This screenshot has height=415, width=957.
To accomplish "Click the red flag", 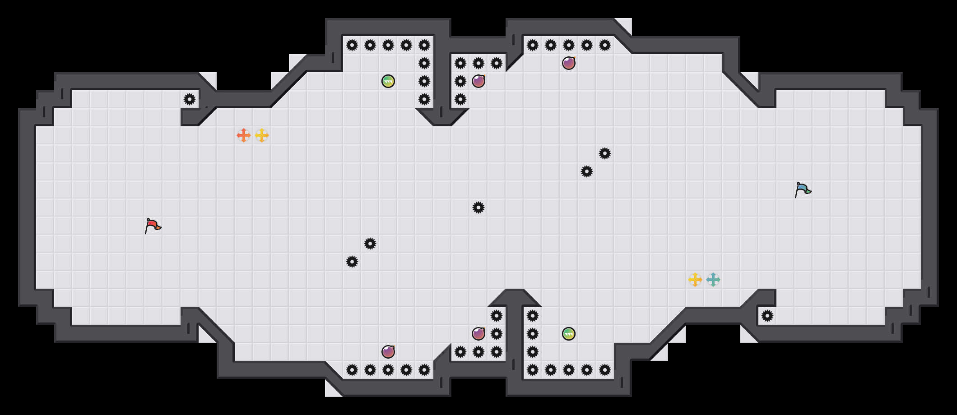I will pos(153,226).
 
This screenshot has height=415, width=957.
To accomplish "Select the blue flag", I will pos(803,189).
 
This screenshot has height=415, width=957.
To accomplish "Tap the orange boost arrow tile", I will pos(244,135).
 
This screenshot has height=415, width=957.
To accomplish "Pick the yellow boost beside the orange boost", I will pos(262,135).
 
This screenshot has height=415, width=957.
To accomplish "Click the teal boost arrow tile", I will pos(713,280).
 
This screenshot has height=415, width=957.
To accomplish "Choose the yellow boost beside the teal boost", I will pos(695,280).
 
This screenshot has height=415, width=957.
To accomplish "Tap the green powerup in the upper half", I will pos(388,81).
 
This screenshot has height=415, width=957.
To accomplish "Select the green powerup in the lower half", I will pos(569,334).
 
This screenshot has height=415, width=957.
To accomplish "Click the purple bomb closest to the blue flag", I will pos(569,63).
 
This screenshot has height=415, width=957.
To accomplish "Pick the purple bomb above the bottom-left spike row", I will pos(388,352).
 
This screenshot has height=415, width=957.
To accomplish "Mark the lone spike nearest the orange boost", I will pos(190,99).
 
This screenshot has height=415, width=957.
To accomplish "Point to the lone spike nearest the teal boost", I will pos(767,316).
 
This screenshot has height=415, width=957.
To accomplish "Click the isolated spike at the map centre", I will pos(478,207).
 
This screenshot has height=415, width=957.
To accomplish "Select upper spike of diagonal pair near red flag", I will pos(370,244).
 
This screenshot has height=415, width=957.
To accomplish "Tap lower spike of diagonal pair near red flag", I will pos(352,262).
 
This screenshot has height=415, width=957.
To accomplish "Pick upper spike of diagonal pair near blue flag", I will pos(605,153).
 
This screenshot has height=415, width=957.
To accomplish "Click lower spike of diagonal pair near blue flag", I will pos(587,171).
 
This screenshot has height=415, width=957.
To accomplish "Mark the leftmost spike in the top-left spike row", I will pos(352,45).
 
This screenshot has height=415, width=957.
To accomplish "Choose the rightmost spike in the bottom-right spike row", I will pos(605,370).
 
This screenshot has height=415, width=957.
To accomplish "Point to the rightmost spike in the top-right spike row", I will pos(605,45).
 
